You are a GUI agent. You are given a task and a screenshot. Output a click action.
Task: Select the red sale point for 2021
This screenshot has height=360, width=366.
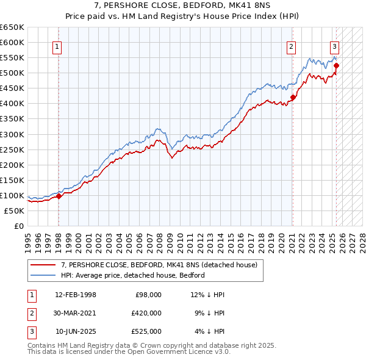pyautogui.click(x=293, y=97)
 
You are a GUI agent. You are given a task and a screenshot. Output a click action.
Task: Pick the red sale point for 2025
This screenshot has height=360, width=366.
pyautogui.click(x=336, y=65)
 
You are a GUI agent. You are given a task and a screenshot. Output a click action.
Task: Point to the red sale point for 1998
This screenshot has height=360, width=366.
pyautogui.click(x=59, y=196)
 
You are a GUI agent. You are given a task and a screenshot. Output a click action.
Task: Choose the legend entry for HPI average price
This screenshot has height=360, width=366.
pyautogui.click(x=132, y=275)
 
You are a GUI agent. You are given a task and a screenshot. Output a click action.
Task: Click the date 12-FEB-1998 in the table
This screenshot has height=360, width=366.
pyautogui.click(x=75, y=295)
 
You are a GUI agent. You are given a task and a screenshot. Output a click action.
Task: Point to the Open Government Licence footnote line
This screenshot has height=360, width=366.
pyautogui.click(x=129, y=351)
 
